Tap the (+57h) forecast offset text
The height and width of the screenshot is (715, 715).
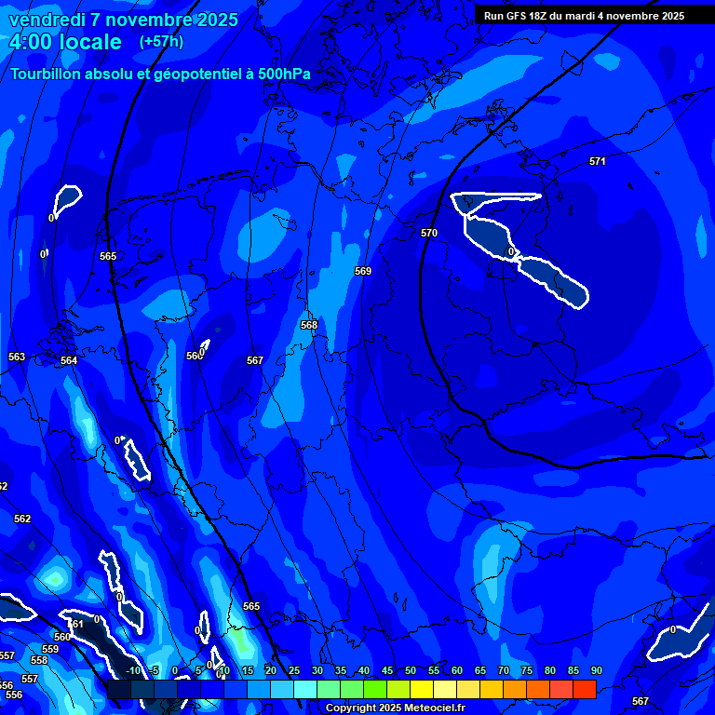click(161, 42)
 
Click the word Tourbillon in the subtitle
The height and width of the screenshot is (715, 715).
click(47, 74)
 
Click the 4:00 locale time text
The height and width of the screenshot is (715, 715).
click(64, 42)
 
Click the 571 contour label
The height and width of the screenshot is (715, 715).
click(598, 161)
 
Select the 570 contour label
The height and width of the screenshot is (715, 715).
click(429, 233)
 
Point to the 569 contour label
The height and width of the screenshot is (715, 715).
click(363, 271)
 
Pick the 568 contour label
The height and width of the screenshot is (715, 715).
click(309, 325)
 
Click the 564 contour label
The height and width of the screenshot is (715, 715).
click(69, 360)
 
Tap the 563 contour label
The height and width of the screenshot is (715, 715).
click(17, 357)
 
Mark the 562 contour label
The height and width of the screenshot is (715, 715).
click(22, 519)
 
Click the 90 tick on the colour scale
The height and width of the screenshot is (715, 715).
click(596, 670)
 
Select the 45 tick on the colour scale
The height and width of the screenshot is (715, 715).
click(386, 670)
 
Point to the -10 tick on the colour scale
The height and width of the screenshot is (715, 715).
click(132, 670)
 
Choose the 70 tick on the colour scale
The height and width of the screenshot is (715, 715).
click(503, 670)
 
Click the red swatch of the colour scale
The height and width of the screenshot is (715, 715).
click(584, 689)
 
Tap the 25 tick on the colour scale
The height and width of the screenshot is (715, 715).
click(293, 670)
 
